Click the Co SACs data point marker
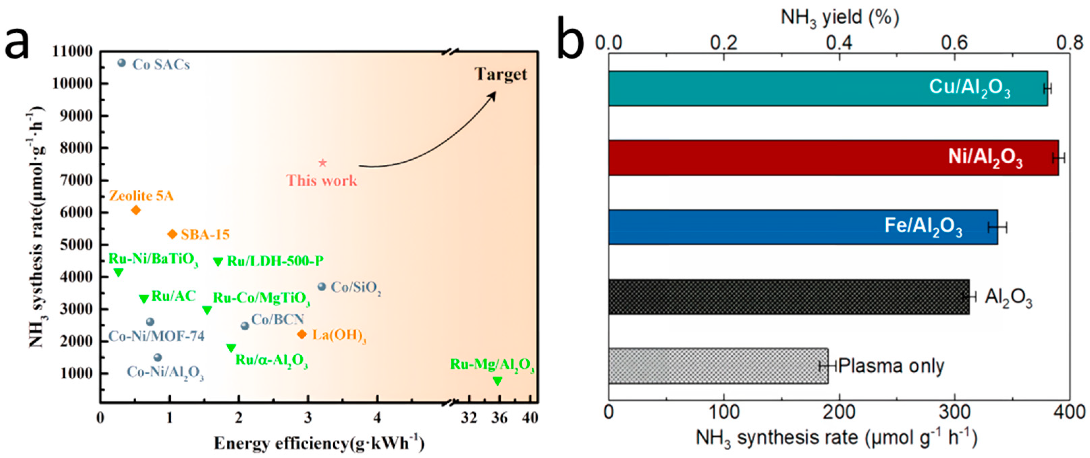121,63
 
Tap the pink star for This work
323,163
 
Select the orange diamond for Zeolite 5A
136,210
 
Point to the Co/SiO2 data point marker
322,287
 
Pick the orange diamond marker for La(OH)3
302,334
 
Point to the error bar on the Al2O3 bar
969,296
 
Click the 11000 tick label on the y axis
72,52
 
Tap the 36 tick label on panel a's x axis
499,418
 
